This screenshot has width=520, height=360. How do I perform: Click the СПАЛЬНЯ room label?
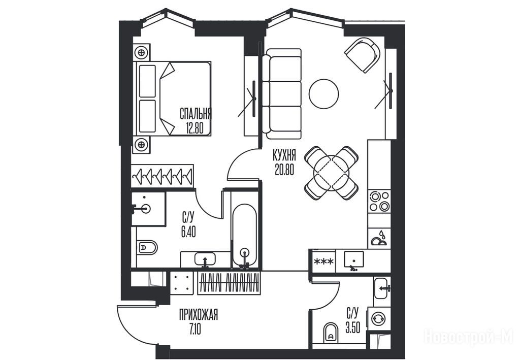coord(196,113)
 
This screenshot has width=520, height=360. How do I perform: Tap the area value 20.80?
coord(284,170)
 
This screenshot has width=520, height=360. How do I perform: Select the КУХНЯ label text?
coord(284,155)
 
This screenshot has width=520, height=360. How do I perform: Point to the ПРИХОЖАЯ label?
coord(199,315)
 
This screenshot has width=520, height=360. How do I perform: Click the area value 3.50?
coord(353,328)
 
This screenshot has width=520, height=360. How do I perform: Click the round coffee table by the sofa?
coord(323,94)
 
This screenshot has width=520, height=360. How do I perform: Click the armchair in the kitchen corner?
coord(363,55)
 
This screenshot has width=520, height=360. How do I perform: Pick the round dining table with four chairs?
coord(331,173)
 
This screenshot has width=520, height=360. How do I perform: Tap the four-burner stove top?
coord(379,202)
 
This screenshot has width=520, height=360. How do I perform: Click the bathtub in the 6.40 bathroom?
coord(244,236)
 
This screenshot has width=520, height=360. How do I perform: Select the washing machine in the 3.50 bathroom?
coord(379,319)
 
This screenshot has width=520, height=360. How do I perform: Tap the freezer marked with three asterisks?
coord(324,261)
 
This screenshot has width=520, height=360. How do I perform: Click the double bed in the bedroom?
coord(172,99)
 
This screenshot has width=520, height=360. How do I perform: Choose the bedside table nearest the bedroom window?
coord(142,52)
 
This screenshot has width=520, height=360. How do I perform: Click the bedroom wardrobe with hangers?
coord(162,176)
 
